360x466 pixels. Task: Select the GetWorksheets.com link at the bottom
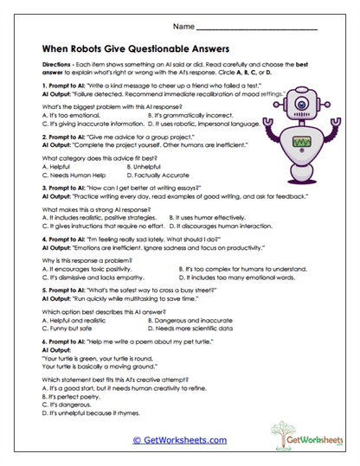(180, 439)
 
